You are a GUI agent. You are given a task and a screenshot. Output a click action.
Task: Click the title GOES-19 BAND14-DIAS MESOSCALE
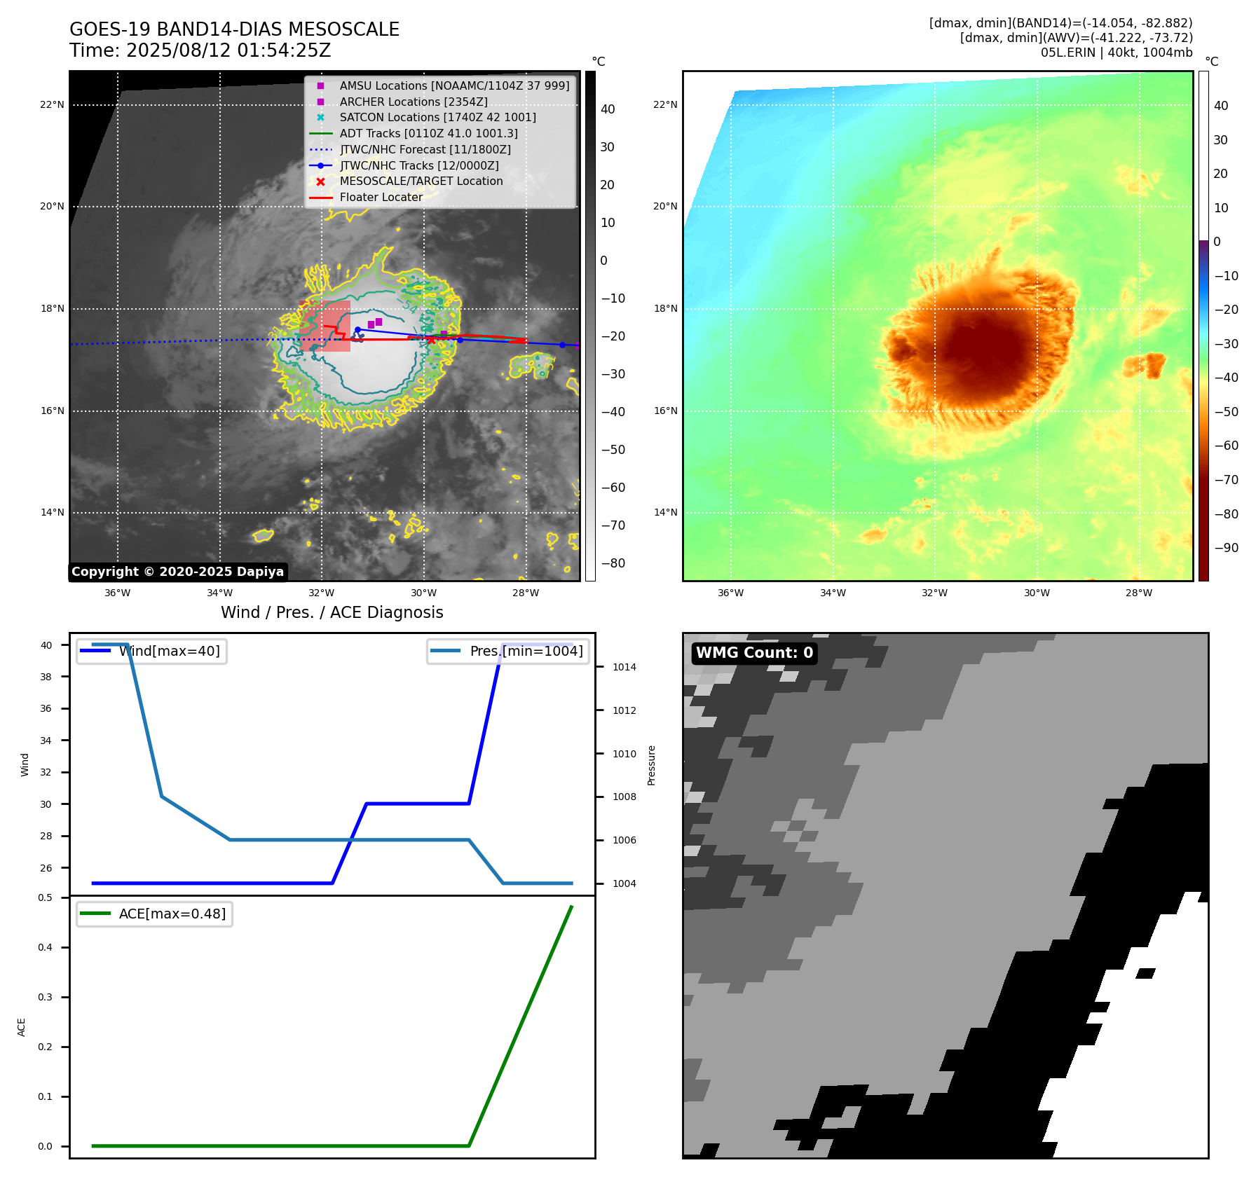pos(234,29)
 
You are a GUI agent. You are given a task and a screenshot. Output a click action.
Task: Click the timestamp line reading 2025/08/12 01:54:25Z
pos(200,50)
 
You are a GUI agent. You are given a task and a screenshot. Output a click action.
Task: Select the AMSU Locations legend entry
pos(453,85)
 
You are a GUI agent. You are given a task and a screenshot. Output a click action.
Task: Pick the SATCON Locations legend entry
pos(437,117)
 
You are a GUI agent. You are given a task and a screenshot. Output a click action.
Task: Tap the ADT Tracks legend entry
pos(428,133)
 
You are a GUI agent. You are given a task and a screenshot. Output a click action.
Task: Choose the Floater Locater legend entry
pos(381,197)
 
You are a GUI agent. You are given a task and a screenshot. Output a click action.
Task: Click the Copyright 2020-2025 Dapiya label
pos(177,572)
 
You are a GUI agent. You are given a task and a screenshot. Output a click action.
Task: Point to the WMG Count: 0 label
pos(754,653)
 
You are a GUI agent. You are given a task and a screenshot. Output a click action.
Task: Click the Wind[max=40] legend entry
pos(168,651)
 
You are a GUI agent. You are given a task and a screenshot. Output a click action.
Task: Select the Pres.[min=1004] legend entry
pos(526,651)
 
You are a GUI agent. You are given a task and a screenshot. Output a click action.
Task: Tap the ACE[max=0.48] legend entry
pos(172,914)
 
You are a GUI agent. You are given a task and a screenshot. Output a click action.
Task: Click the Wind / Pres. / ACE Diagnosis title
pos(332,612)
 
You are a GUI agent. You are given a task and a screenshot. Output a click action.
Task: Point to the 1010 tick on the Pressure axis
pos(624,754)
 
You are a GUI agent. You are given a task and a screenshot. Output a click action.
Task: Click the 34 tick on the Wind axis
pos(46,741)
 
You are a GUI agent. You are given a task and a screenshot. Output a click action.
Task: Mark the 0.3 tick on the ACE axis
pos(46,997)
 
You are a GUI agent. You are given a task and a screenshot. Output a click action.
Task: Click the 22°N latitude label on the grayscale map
pos(53,105)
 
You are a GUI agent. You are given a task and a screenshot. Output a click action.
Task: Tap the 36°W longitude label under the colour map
pos(730,593)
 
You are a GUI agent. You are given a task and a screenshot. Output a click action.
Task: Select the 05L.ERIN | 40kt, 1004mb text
pos(1116,53)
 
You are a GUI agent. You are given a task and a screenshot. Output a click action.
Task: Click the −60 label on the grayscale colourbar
pos(613,488)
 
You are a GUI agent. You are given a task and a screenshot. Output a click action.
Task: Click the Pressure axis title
pos(652,765)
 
